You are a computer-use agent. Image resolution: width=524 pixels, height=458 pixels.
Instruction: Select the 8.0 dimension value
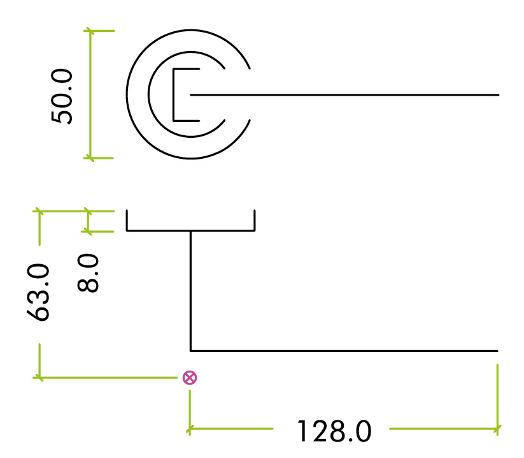(90, 272)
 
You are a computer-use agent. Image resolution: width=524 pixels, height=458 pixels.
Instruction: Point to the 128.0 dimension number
(334, 432)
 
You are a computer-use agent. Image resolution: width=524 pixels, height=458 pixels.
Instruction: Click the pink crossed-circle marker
(189, 378)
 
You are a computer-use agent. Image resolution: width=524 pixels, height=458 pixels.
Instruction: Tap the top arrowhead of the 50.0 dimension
(90, 31)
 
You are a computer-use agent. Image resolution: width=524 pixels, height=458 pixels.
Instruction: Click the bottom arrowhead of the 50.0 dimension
(90, 158)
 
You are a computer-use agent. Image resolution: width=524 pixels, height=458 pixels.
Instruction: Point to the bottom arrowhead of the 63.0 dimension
(39, 378)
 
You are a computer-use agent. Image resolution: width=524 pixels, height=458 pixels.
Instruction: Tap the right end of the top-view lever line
(497, 95)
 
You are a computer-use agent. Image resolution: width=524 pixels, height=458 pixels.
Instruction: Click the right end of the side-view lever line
(496, 351)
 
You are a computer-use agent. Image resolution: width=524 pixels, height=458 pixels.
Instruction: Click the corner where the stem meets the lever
(191, 351)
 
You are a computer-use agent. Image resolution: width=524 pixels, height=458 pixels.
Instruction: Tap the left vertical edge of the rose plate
(127, 220)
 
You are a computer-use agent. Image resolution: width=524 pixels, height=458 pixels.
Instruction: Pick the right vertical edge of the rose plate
(254, 220)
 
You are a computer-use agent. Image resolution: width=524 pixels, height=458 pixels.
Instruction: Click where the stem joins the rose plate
(191, 230)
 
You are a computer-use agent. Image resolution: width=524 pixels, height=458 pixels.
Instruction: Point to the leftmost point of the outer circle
(127, 94)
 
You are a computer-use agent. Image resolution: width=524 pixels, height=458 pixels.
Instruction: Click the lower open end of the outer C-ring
(249, 121)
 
